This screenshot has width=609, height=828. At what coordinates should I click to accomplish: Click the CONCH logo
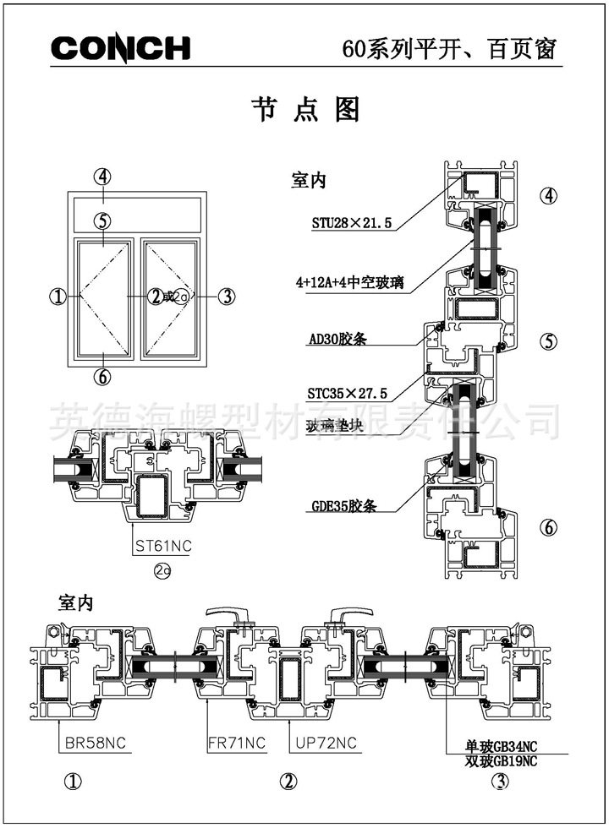tap(121, 48)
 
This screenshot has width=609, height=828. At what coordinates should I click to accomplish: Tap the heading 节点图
tap(305, 110)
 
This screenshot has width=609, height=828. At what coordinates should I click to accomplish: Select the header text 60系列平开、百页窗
tap(449, 49)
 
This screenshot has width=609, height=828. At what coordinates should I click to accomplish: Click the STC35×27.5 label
tap(348, 394)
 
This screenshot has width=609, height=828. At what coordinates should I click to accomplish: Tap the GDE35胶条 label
tap(343, 507)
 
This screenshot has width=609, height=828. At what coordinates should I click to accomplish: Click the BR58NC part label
tap(96, 744)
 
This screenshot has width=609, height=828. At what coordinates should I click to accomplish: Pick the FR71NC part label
tap(236, 744)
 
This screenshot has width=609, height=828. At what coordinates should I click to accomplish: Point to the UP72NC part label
tap(326, 744)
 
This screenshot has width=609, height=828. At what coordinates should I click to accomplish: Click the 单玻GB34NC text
tap(501, 746)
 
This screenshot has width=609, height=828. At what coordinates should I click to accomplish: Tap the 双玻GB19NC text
tap(501, 760)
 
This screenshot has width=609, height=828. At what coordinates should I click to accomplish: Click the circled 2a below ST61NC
tap(162, 571)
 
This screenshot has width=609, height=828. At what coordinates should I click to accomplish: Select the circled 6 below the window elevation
tap(102, 377)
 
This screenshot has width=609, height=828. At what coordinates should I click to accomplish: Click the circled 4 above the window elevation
tap(102, 177)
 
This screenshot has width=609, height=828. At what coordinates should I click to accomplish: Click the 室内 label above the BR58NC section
tap(75, 602)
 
